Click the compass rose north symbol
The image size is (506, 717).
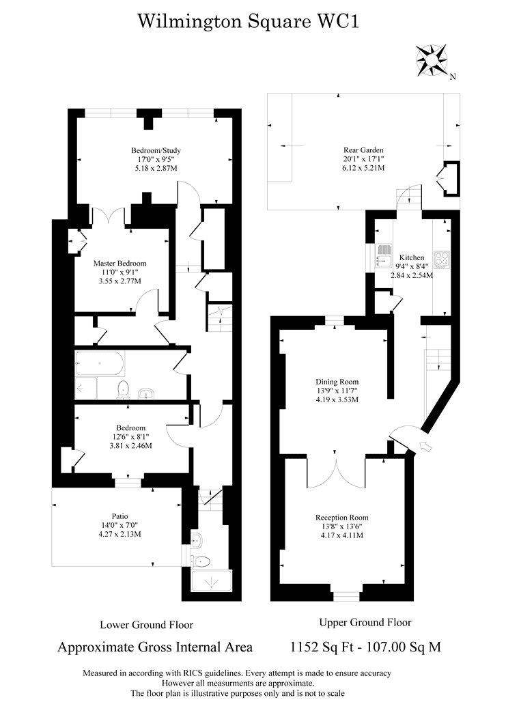point(433,59)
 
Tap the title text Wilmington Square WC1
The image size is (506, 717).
point(249,22)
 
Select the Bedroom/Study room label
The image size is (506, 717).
point(156,150)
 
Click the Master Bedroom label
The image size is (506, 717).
point(120,263)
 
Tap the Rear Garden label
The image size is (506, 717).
point(363,150)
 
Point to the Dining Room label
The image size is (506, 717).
point(337,382)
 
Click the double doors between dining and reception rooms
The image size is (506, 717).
point(335,471)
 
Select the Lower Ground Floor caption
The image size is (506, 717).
point(146,624)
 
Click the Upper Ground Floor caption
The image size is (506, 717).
point(365,622)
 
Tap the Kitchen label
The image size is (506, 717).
point(412,257)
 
